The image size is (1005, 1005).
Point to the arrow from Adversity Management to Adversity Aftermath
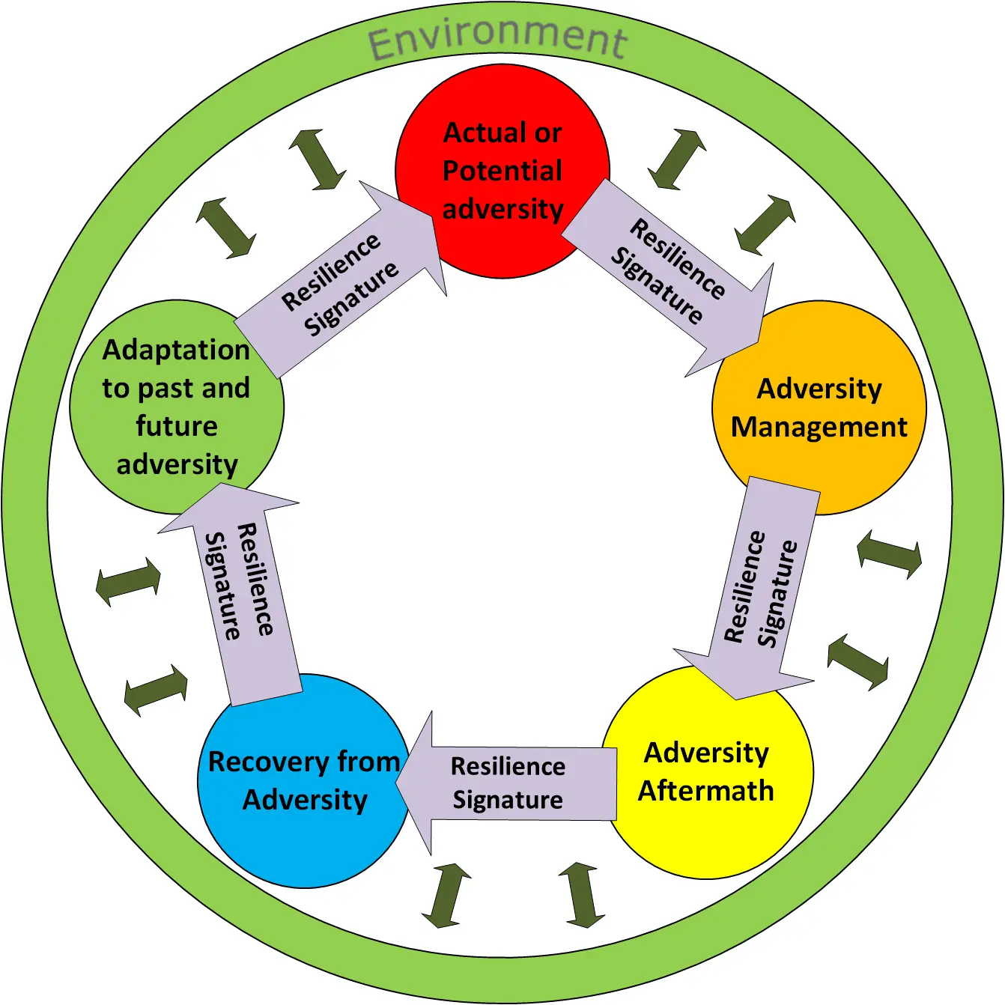(x=760, y=588)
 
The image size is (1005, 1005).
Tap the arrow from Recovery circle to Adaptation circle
(x=240, y=584)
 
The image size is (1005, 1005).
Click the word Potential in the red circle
(x=502, y=171)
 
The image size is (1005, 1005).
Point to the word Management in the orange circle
(x=819, y=427)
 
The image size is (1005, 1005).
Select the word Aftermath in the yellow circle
(x=705, y=791)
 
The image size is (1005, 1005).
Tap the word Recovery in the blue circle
(x=267, y=762)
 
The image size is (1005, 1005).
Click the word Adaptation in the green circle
(x=176, y=350)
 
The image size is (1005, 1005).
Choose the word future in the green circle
(x=177, y=426)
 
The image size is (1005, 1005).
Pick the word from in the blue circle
(x=368, y=762)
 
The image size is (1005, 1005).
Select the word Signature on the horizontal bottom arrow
(x=508, y=800)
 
